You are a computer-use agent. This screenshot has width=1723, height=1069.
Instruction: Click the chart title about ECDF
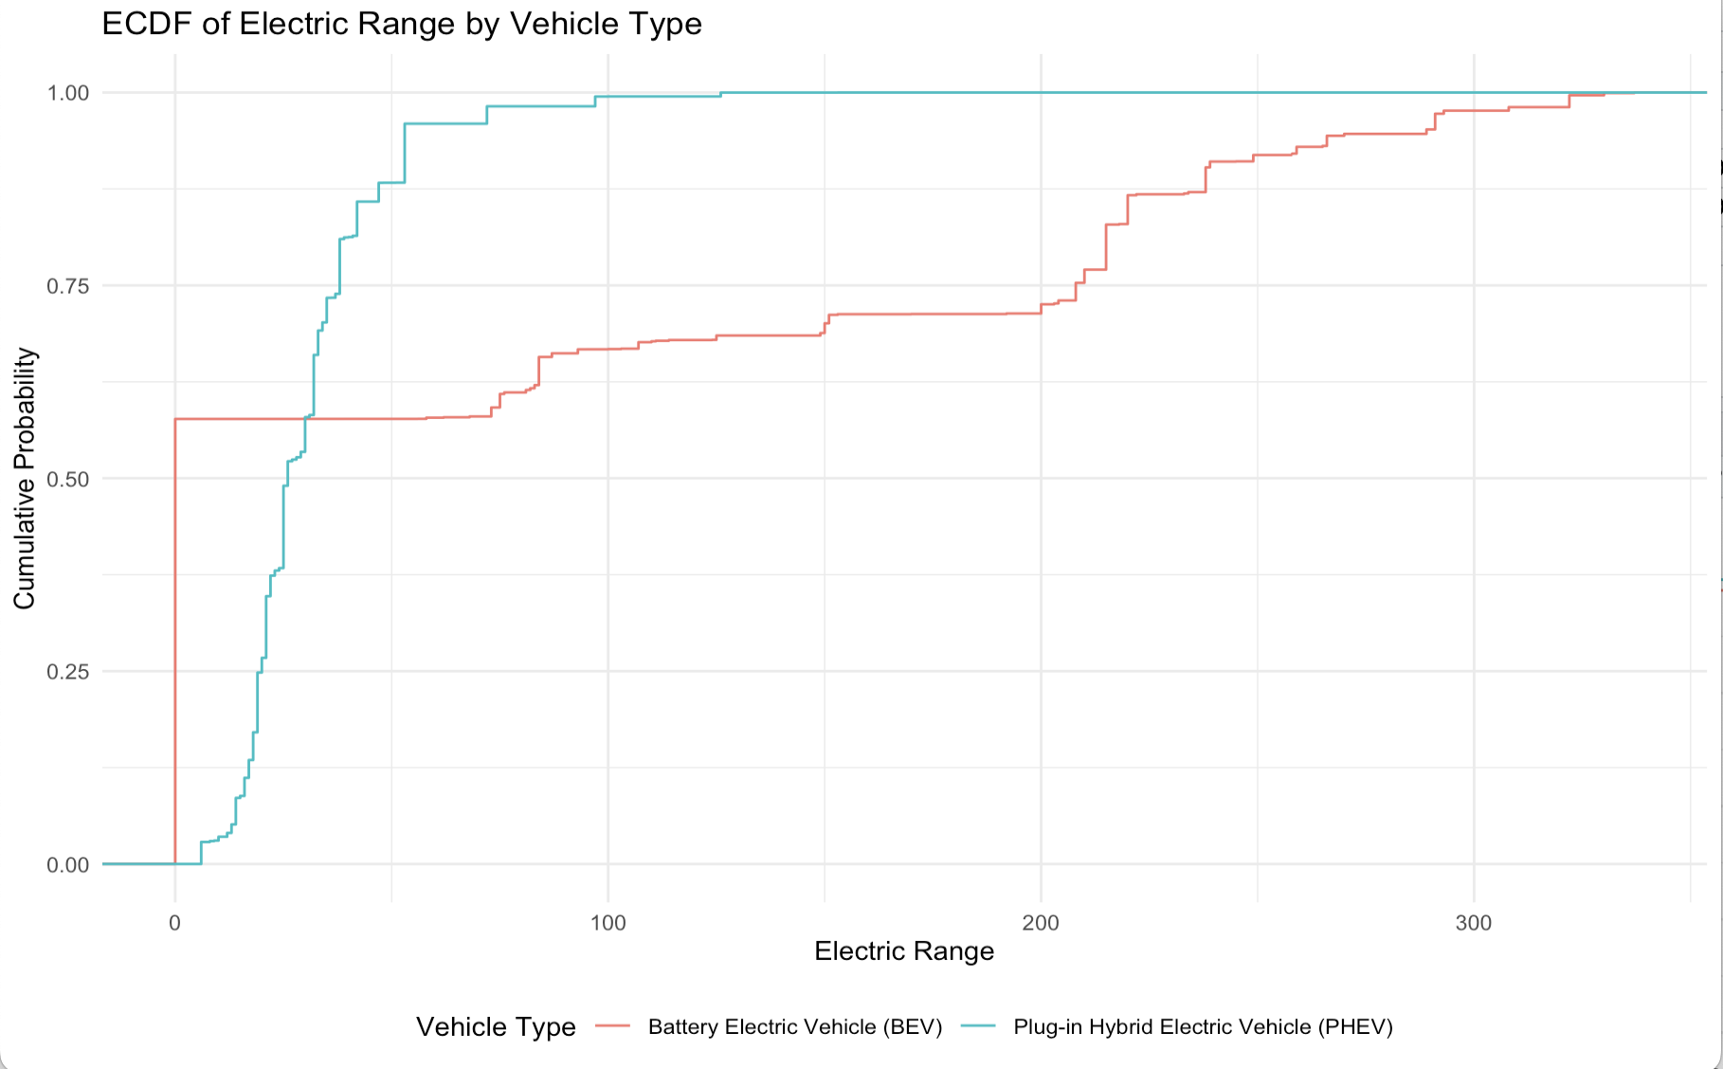pos(402,24)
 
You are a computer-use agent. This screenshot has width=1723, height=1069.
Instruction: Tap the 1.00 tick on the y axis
pos(68,93)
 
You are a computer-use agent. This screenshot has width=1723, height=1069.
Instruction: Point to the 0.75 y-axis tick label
pos(68,286)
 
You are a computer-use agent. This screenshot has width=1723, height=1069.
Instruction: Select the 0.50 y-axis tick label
pos(68,479)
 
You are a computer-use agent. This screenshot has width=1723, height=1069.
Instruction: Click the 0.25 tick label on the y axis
pos(68,672)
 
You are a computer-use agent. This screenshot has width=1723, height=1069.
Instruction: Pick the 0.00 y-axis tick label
pos(68,865)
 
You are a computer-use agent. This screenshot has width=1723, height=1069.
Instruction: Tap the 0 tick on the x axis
pos(174,923)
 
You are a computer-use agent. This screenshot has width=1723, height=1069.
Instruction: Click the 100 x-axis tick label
pos(608,923)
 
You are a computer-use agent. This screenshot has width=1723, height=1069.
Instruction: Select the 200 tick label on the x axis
pos(1041,923)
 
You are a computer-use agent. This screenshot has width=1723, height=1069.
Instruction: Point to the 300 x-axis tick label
pos(1474,923)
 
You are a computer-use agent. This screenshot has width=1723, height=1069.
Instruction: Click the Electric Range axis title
pos(904,951)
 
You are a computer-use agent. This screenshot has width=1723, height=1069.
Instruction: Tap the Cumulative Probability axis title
pos(25,479)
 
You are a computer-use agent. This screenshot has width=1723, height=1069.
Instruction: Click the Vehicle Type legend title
pos(496,1027)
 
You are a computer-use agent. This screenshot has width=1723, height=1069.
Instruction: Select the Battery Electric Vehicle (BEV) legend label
pos(795,1027)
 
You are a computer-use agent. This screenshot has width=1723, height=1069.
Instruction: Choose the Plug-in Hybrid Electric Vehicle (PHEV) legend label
pos(1203,1027)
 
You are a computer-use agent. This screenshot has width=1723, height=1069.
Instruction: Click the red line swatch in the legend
pos(613,1026)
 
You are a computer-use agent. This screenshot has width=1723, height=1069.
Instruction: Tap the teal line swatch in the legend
pos(978,1026)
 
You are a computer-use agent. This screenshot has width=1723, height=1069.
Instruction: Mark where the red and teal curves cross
pos(305,419)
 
